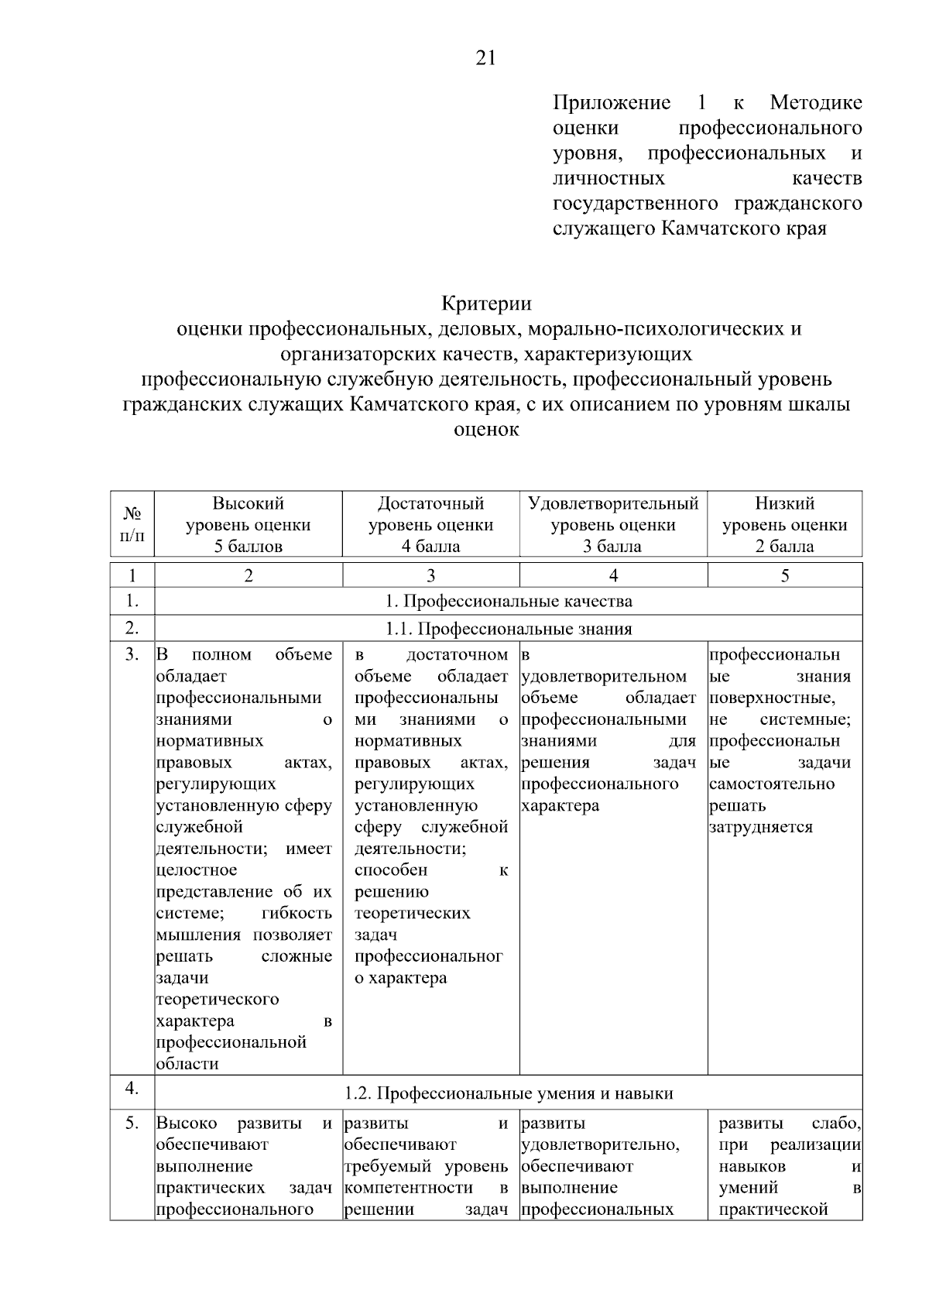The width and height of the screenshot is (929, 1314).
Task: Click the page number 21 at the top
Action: [485, 59]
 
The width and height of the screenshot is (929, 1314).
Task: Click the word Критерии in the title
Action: [486, 303]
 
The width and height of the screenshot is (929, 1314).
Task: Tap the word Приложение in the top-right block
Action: [612, 103]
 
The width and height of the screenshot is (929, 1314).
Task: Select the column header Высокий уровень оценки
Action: [249, 524]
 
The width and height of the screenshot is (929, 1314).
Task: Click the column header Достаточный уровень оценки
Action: [430, 524]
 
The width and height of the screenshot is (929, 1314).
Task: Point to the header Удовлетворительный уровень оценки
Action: [613, 524]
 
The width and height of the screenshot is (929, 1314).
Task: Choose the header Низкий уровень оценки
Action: [784, 524]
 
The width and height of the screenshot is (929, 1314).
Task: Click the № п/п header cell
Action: [132, 524]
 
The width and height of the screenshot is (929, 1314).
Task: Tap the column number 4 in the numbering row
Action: [613, 575]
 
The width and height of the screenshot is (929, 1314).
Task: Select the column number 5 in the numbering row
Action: [784, 575]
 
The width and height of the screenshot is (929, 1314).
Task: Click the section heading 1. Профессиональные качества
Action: [508, 601]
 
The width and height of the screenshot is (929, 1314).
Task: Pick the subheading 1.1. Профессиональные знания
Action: [508, 629]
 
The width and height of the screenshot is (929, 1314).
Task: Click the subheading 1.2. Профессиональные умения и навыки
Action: [508, 1093]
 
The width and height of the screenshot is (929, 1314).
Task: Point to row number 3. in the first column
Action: [132, 655]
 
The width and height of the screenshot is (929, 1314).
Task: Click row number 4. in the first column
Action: [132, 1089]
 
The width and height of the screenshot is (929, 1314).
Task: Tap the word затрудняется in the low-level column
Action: [761, 827]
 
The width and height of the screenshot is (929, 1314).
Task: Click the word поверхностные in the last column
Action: [771, 698]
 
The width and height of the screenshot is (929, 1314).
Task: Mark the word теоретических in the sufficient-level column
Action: [412, 914]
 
